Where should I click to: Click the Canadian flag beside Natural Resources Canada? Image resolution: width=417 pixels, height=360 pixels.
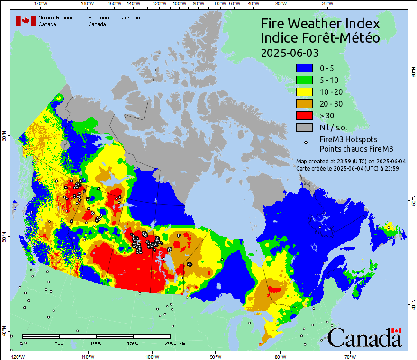pyautogui.click(x=26, y=20)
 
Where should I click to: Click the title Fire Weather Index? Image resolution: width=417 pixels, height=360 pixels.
pyautogui.click(x=320, y=24)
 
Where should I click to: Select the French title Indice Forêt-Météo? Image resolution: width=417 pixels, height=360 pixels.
pyautogui.click(x=320, y=38)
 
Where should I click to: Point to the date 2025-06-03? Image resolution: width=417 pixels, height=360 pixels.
pyautogui.click(x=290, y=52)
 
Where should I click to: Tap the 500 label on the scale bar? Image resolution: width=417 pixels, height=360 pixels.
pyautogui.click(x=59, y=343)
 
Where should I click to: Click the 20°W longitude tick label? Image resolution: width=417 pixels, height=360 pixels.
pyautogui.click(x=326, y=4)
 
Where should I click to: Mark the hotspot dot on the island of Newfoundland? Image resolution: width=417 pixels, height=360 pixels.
pyautogui.click(x=389, y=227)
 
